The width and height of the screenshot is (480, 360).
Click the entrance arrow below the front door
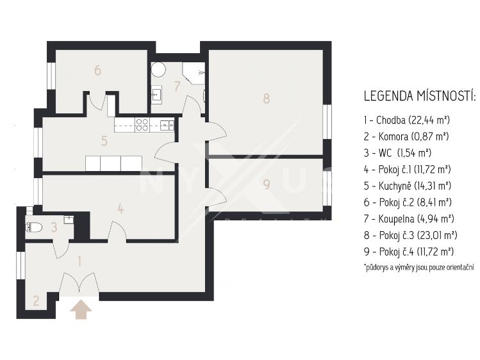coord(81,309)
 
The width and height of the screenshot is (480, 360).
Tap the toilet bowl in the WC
coord(35,227)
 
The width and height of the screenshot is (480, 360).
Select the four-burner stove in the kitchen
coord(142,125)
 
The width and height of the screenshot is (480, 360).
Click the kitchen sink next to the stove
coord(167,124)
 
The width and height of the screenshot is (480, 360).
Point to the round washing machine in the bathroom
coord(158,70)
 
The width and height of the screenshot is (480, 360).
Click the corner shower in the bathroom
coord(194,73)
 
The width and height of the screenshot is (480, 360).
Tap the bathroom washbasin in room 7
coord(156,92)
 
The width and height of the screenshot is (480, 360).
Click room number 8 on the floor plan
coord(267,99)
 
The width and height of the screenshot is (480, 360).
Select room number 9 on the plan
coord(267,184)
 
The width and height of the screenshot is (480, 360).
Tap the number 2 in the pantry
coord(36,300)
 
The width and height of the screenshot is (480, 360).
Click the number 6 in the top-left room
coord(97,70)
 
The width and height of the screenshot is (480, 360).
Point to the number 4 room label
coord(120,209)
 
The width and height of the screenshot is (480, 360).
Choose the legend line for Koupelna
coord(409,218)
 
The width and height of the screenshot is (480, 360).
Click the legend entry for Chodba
coord(407,120)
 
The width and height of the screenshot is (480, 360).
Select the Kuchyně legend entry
coord(408,186)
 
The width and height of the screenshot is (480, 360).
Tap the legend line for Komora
coord(406,136)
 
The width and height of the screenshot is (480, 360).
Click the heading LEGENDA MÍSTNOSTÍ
coord(420,95)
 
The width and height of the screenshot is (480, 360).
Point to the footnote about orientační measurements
coord(419,267)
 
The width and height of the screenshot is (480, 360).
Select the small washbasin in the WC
coord(69,220)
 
